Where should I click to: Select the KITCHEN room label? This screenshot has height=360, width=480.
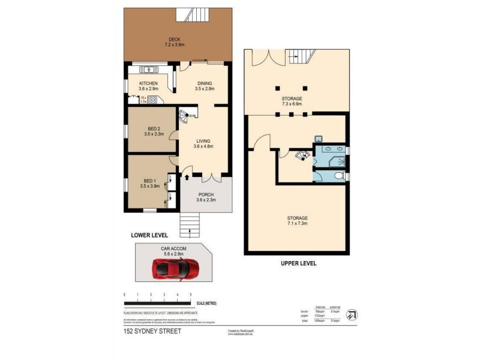pyautogui.click(x=148, y=83)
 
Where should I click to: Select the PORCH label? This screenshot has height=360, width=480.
pyautogui.click(x=206, y=194)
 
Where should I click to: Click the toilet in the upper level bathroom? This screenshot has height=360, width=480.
pyautogui.click(x=340, y=176)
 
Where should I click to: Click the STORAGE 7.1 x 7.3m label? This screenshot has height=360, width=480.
pyautogui.click(x=297, y=220)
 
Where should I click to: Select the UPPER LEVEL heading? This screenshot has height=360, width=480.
pyautogui.click(x=298, y=263)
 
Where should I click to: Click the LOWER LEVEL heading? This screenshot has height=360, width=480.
pyautogui.click(x=149, y=235)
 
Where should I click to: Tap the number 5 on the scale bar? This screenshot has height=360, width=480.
pyautogui.click(x=191, y=295)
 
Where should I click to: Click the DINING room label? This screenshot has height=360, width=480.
pyautogui.click(x=203, y=83)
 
